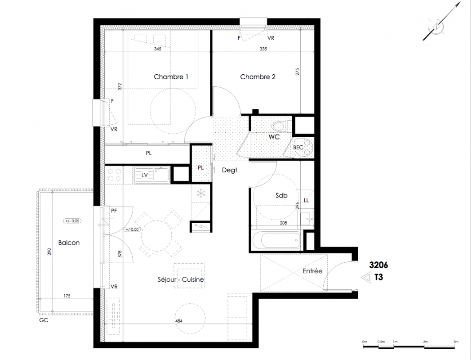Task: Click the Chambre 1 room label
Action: pos(171,77)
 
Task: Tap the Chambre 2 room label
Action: pos(258,77)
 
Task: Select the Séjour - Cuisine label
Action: pos(181,279)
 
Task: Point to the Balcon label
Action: pos(69,243)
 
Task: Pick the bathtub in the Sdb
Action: pos(276,240)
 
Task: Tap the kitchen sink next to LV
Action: pos(161,175)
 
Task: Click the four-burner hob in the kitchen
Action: pos(114,175)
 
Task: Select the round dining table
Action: pos(156,235)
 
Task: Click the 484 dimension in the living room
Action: pos(179,321)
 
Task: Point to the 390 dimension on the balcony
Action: pos(49,252)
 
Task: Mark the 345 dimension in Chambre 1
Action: pos(157,49)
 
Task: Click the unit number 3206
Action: pos(378,265)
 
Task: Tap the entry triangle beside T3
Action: pos(366,278)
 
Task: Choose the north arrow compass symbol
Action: pos(441,22)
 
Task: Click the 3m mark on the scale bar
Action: pos(456,342)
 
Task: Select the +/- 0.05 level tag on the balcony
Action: pos(72,221)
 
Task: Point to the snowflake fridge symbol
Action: pos(200,193)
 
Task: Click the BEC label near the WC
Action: pos(298,148)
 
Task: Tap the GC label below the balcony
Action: pos(44,320)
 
